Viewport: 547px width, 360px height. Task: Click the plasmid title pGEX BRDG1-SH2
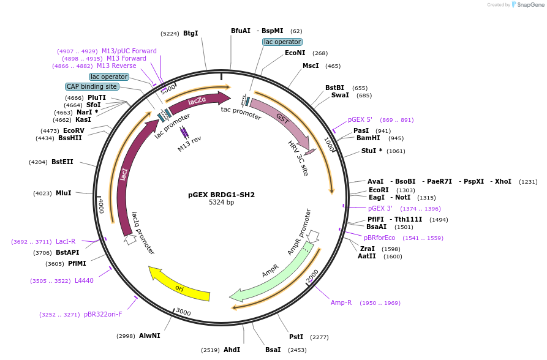tap(221, 195)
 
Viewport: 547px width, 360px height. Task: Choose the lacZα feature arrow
tap(198, 102)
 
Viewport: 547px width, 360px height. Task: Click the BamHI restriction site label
tap(368, 138)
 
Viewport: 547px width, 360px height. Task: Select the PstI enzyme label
tap(296, 337)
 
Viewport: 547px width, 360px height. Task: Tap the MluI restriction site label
tap(64, 193)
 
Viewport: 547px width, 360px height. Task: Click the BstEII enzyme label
tap(62, 162)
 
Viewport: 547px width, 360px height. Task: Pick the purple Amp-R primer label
tap(341, 303)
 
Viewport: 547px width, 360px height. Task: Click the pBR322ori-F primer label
tap(103, 315)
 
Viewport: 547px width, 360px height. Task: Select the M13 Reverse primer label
tap(116, 66)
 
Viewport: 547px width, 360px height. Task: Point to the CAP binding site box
tap(91, 87)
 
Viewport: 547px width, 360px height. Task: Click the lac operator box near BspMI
tap(282, 42)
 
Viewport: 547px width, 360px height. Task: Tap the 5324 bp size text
tap(221, 203)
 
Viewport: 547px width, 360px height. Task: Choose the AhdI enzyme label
tap(232, 350)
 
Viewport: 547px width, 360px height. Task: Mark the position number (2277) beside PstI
tap(319, 337)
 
